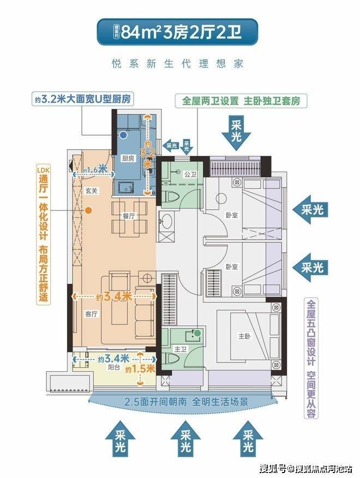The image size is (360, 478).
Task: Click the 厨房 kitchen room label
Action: [128, 159]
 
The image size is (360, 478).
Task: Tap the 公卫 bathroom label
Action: [190, 174]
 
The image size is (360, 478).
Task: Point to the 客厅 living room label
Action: [91, 314]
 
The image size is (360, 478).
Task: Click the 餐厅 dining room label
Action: [129, 216]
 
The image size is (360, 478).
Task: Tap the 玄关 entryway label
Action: [91, 191]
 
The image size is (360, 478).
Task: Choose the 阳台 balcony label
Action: [114, 367]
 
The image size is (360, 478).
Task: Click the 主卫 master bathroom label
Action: [181, 349]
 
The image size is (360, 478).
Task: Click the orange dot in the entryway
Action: [88, 210]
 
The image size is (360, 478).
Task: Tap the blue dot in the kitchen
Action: [123, 134]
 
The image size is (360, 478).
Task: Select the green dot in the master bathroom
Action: [197, 333]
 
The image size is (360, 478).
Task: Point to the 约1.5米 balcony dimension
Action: [140, 369]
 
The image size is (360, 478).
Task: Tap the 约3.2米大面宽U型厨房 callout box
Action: [83, 99]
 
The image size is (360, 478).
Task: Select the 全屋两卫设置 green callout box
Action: [241, 101]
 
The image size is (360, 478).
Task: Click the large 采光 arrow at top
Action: [236, 132]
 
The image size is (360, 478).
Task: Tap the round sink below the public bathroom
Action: [166, 220]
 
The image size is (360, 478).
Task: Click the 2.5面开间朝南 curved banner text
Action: [186, 402]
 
